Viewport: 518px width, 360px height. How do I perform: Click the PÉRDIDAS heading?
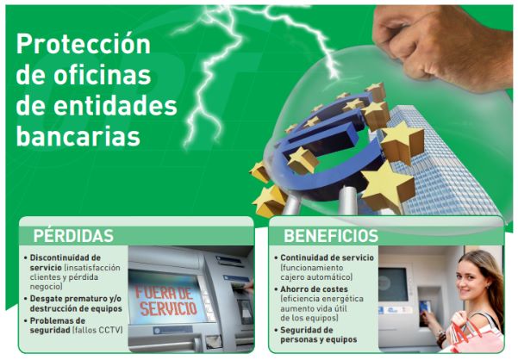click(x=73, y=235)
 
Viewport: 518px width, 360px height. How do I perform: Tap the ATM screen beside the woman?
click(x=395, y=283)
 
